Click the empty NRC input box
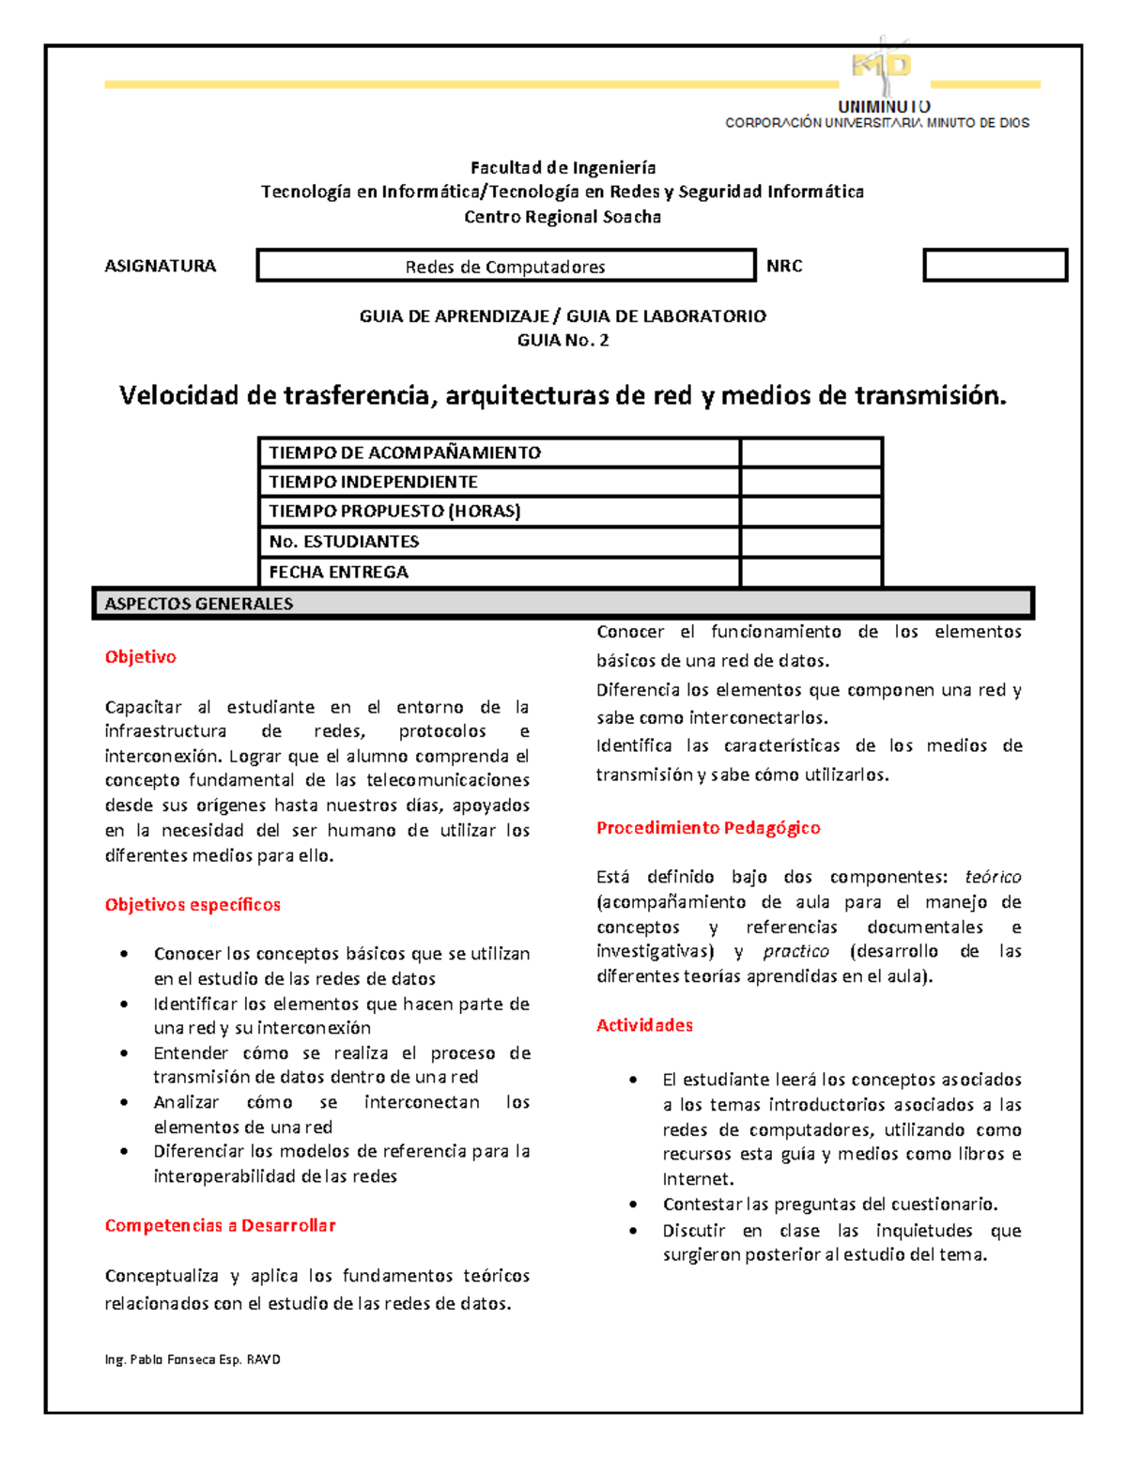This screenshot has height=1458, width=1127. pos(995,266)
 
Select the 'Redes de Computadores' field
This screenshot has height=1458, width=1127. pos(505,267)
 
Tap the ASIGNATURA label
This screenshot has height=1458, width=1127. pos(160,266)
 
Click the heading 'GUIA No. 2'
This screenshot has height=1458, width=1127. pos(563,340)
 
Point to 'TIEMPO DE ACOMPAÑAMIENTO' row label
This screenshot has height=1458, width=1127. pos(405,453)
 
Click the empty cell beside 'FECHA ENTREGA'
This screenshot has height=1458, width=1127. pos(811,572)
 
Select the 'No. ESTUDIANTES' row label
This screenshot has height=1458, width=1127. pos(344,542)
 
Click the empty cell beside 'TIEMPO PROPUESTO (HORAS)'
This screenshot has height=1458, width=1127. pos(811,512)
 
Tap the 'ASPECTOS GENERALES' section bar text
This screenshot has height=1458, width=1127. pos(198,604)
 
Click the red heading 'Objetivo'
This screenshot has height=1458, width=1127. pos(140,657)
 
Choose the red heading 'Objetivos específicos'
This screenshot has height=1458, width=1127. pos(193,905)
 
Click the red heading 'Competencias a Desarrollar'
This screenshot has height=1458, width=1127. pos(220,1225)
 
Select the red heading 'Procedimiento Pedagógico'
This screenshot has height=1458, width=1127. pos(708,828)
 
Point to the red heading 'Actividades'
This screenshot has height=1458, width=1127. pos(644,1025)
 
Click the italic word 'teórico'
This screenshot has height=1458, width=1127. pos(993,877)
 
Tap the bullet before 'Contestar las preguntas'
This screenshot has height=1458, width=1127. pos(634,1205)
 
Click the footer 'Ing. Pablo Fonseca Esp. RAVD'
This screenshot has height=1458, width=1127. pos(193,1359)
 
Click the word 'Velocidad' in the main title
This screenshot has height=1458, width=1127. pos(178,395)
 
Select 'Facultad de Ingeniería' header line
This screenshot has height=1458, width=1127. pos(563,168)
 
